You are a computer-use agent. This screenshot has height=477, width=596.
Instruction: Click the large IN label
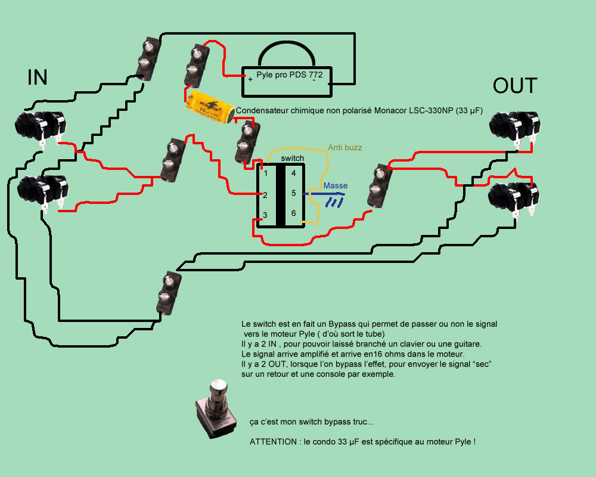37,78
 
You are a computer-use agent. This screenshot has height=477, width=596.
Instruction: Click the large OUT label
515,86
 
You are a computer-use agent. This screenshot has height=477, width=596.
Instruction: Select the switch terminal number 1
266,173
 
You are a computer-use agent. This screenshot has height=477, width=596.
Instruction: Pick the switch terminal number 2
265,195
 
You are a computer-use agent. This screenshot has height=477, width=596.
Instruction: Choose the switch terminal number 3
265,215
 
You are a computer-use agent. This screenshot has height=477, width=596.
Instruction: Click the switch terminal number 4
293,173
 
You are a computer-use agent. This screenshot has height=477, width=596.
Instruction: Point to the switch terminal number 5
293,193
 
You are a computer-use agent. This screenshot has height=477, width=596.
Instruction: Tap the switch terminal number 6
293,213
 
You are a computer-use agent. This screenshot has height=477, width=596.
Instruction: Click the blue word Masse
335,185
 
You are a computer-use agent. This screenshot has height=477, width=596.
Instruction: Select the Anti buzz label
344,147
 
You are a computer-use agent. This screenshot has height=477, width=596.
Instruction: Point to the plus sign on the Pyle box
250,78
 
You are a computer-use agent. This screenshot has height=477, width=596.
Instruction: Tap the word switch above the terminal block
292,158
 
